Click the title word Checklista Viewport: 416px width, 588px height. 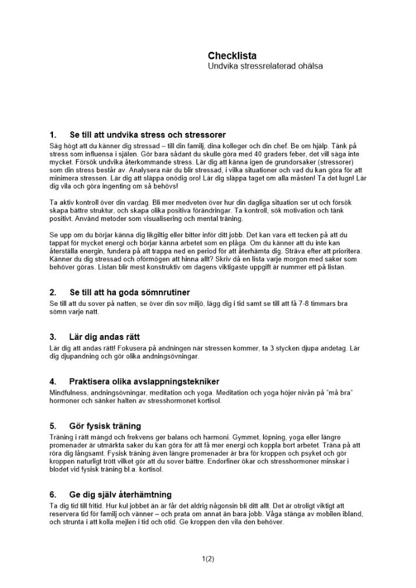click(232, 56)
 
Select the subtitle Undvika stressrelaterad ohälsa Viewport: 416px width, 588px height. click(265, 66)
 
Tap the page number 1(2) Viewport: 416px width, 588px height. click(208, 559)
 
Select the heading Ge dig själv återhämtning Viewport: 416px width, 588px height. click(120, 495)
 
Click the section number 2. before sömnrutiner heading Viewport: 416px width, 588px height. click(53, 292)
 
